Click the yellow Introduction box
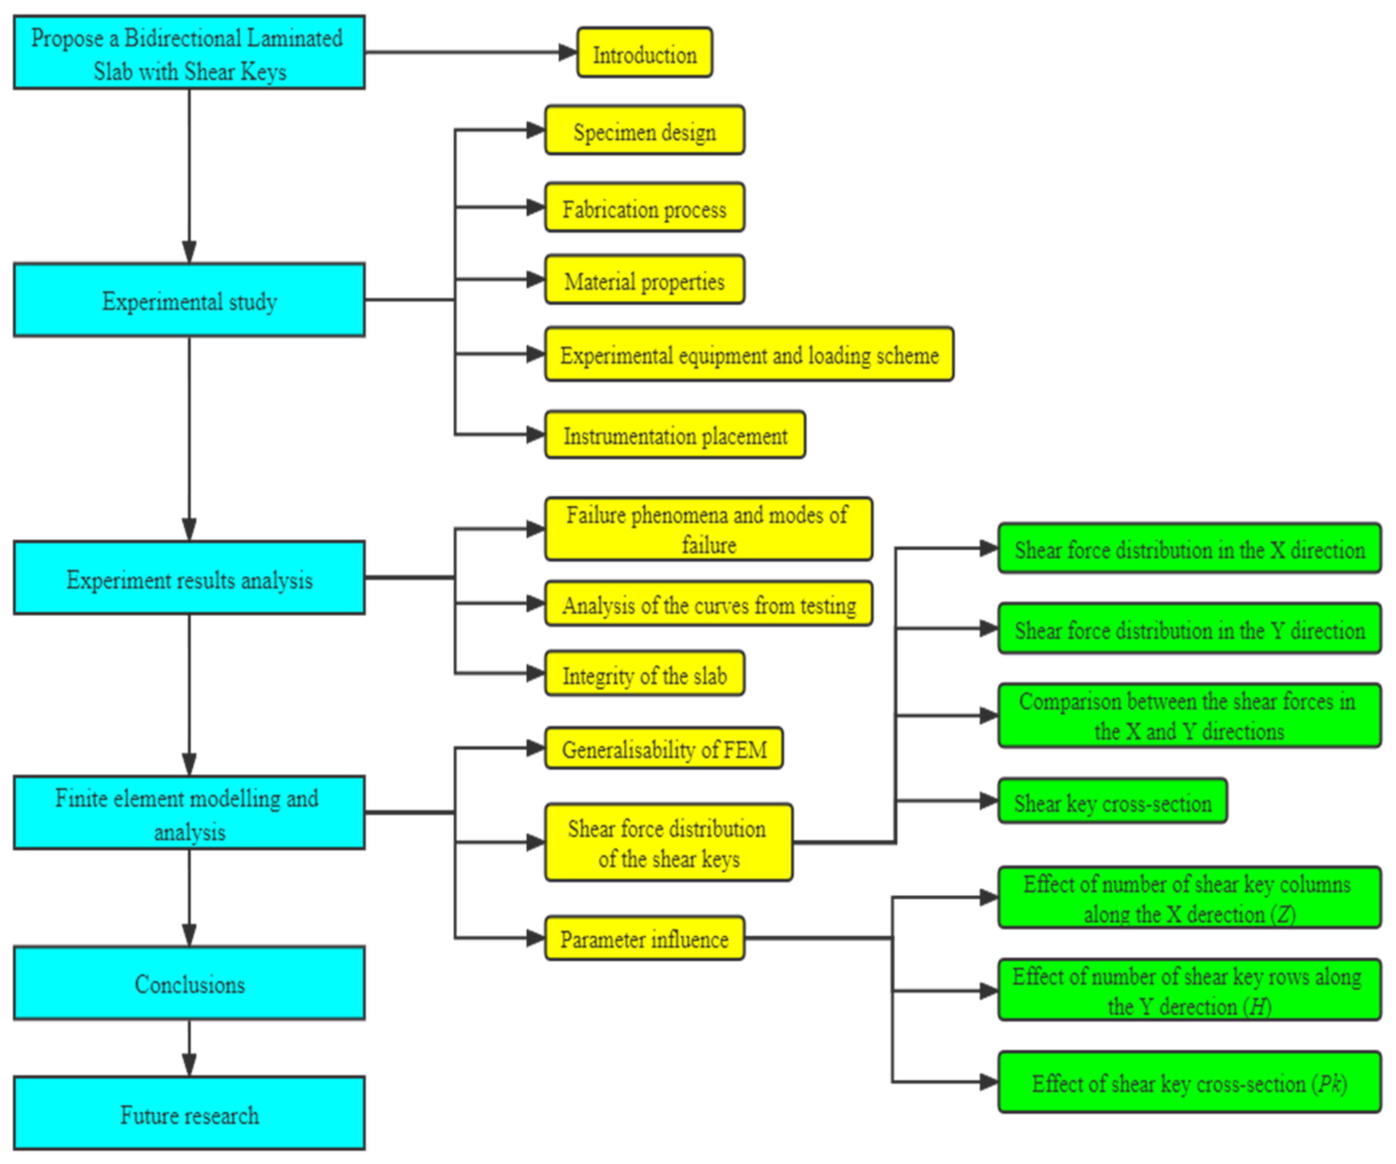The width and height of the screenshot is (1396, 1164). click(644, 53)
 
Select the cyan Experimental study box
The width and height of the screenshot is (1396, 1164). click(190, 301)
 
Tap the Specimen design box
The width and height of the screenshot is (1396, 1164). click(644, 131)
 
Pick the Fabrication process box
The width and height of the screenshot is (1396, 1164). click(644, 208)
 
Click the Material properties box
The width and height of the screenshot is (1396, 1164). click(644, 280)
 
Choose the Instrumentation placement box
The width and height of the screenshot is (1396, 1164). click(675, 435)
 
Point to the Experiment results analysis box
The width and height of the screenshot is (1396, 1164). click(190, 579)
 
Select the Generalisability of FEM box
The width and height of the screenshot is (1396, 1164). click(663, 749)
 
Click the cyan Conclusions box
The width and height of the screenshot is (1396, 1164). click(190, 983)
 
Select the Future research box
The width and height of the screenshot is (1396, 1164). click(190, 1114)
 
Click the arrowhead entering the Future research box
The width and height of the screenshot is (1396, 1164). click(190, 1065)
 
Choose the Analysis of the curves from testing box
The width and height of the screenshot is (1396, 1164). click(708, 604)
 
